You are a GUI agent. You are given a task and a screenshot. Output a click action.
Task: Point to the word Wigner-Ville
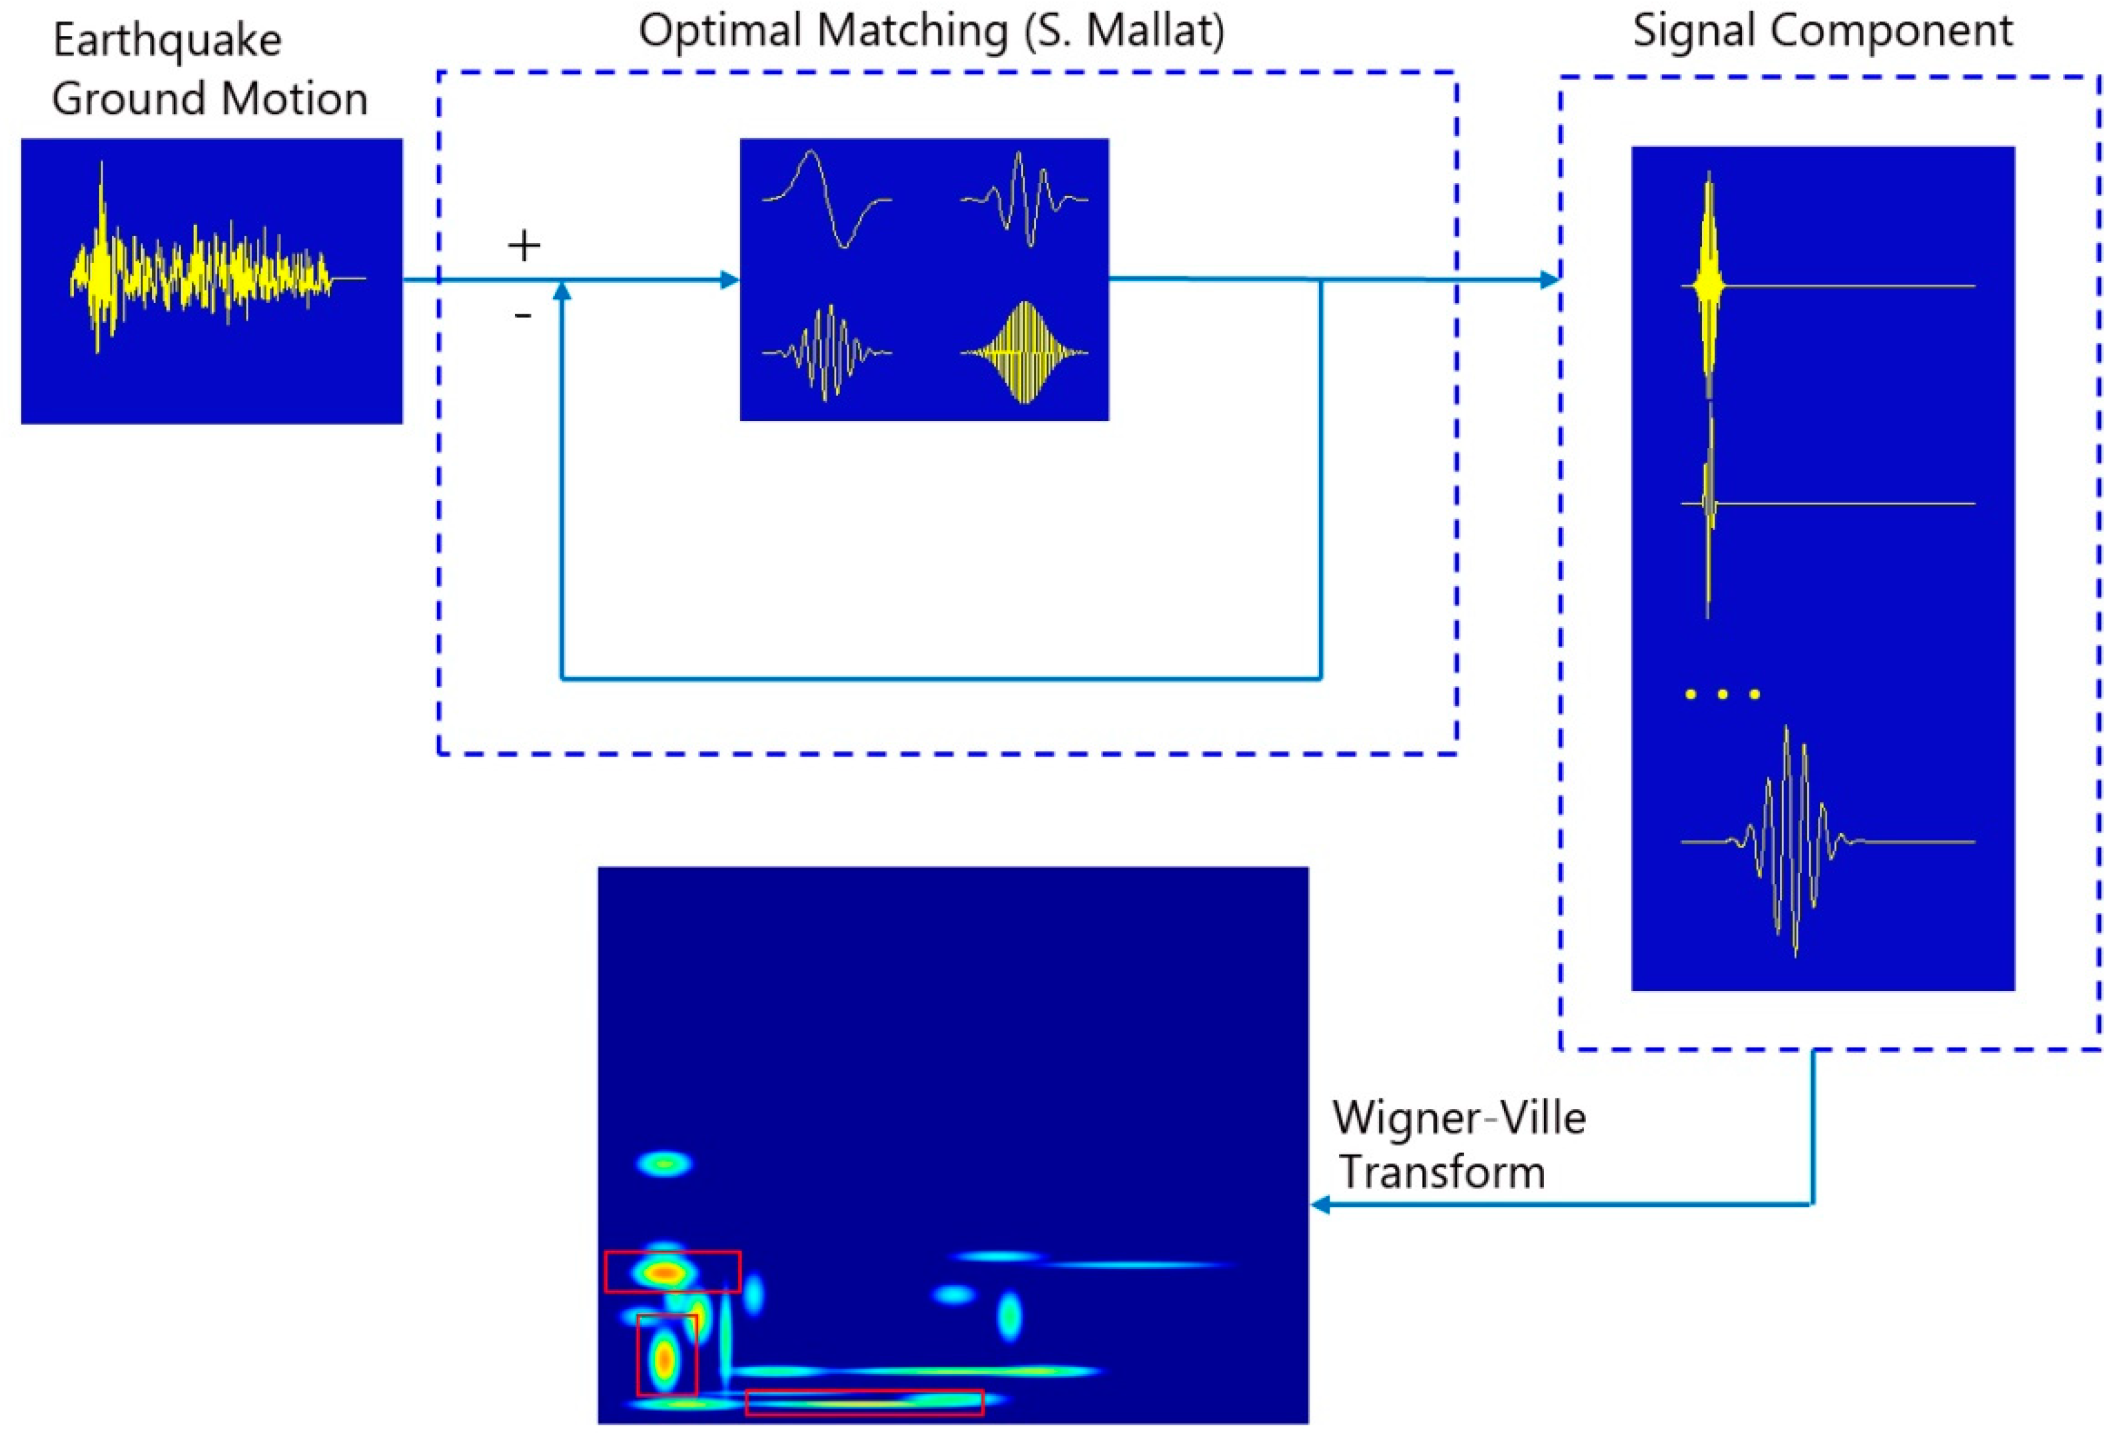tap(1459, 1118)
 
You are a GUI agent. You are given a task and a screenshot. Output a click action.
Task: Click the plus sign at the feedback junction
tap(524, 245)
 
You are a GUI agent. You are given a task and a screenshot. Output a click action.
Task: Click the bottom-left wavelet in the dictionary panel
tap(827, 352)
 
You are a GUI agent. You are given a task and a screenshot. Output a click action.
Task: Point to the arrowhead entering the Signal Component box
tap(1550, 279)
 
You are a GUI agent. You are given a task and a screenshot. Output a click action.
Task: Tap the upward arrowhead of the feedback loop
tap(562, 290)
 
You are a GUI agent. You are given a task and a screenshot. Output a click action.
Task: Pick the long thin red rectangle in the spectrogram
tap(864, 1402)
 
